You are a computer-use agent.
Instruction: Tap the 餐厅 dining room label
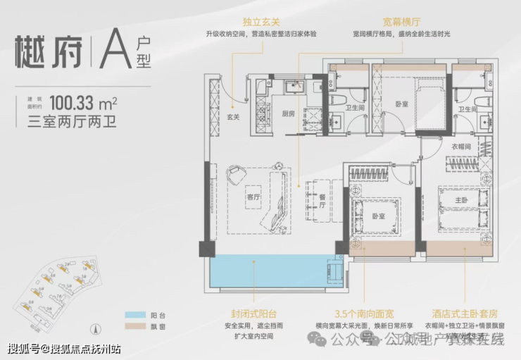(x=322, y=200)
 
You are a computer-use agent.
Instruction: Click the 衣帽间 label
(x=461, y=147)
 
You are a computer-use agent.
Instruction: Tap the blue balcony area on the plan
(x=268, y=272)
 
